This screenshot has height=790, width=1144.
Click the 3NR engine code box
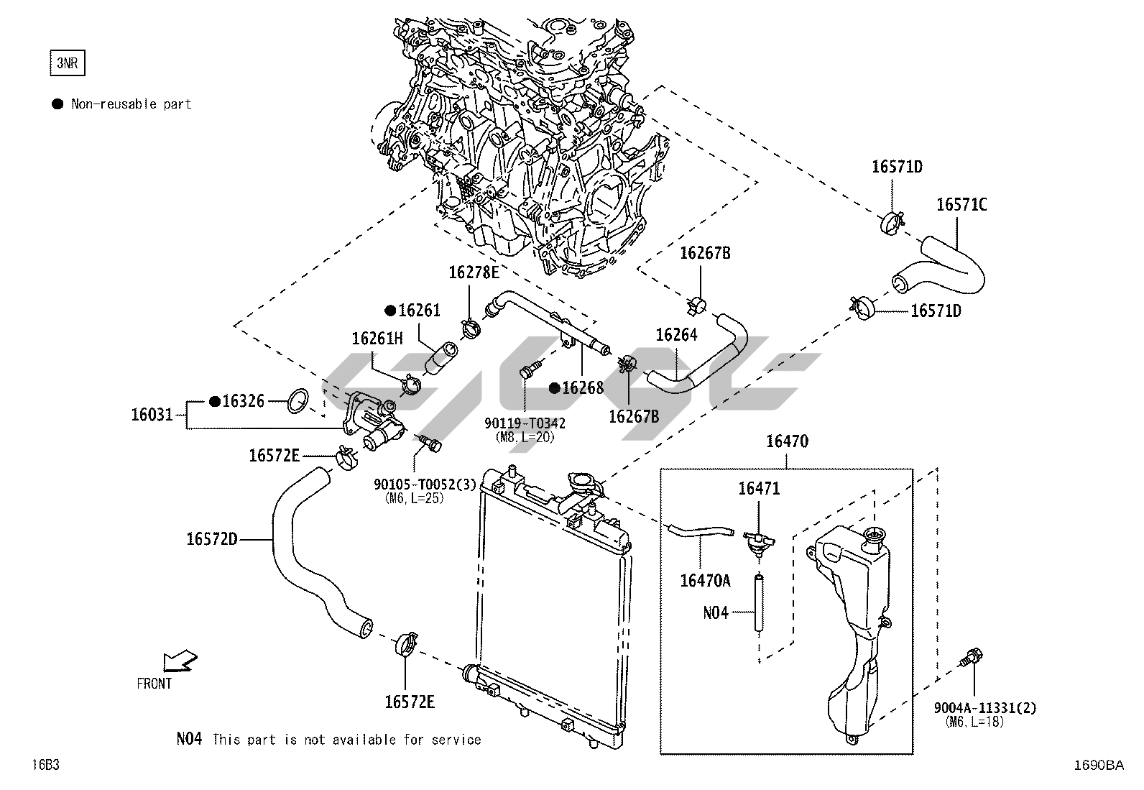pos(67,63)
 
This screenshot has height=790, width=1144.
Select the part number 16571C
pos(961,205)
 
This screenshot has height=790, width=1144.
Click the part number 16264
pos(676,335)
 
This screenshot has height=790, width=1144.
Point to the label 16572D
pos(211,538)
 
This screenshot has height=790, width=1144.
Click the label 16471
pos(759,489)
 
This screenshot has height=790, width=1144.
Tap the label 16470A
pos(705,580)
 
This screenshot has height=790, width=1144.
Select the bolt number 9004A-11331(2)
pos(984,708)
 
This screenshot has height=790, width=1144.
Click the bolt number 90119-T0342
pos(525,423)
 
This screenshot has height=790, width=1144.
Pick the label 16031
pos(152,415)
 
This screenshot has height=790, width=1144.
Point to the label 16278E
pos(474,272)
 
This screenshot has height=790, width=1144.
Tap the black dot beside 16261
pos(390,311)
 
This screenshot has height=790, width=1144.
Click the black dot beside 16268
pos(554,388)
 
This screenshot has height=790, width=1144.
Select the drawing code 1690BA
pos(1097,766)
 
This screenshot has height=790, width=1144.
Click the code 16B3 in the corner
pos(45,765)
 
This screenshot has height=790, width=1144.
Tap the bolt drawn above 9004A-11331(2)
pos(972,656)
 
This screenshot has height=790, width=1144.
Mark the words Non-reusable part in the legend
pos(131,104)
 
